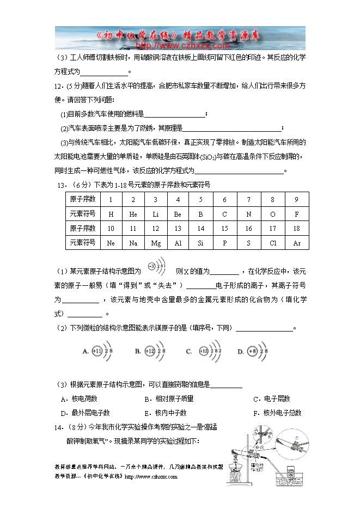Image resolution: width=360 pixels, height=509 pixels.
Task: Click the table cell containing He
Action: (133, 214)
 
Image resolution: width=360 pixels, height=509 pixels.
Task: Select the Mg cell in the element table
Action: (156, 243)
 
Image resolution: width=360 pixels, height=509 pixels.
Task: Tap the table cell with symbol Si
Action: (201, 243)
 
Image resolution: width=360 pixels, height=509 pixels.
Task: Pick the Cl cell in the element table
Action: (273, 243)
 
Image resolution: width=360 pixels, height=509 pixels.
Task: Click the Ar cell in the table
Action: (297, 243)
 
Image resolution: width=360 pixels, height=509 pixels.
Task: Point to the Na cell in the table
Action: (133, 243)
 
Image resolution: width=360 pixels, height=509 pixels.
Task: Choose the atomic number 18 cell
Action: (297, 229)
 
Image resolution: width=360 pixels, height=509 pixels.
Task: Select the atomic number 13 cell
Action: (178, 229)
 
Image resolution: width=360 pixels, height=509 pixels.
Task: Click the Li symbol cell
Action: (156, 214)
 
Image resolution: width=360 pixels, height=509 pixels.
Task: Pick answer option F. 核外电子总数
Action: (282, 413)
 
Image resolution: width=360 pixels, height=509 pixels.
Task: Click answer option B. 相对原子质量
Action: (169, 399)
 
